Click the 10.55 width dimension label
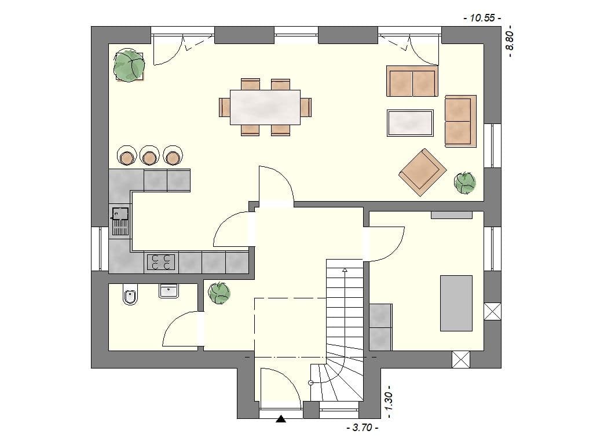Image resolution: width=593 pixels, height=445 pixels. (482, 18)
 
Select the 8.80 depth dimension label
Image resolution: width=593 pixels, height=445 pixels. (510, 41)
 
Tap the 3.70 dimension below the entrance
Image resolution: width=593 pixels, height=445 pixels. (362, 429)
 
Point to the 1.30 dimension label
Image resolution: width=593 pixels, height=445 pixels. (389, 401)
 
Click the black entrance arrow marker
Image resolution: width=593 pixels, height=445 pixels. (281, 419)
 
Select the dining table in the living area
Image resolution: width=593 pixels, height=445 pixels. (265, 107)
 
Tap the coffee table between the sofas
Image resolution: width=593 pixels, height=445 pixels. (410, 123)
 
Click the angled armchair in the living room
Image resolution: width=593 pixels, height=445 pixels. (422, 172)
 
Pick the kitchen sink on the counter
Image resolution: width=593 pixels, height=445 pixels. (120, 221)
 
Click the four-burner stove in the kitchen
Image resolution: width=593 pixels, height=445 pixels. (161, 262)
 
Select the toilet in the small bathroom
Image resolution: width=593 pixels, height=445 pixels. (130, 295)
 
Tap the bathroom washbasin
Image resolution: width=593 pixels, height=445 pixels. (169, 290)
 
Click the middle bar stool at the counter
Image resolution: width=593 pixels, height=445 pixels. (149, 156)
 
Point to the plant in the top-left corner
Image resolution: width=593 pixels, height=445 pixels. (129, 66)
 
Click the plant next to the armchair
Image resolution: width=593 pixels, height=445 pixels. (464, 183)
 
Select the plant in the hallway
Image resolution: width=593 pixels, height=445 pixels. (219, 293)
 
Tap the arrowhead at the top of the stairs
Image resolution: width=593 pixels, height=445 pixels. (345, 269)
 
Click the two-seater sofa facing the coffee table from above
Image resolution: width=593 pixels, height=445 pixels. (412, 82)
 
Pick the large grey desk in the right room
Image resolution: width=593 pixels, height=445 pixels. (456, 303)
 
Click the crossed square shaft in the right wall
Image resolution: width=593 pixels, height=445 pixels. (492, 311)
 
